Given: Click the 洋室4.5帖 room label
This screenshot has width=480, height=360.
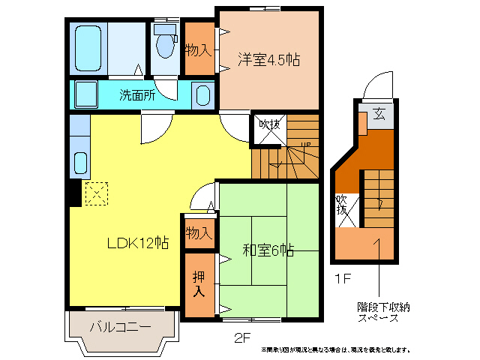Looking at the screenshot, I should point(269,60).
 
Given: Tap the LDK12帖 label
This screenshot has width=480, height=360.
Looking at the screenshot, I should point(137,243).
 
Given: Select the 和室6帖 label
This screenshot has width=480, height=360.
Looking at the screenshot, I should point(268,250).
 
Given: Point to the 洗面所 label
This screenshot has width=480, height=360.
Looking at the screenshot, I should point(138,95).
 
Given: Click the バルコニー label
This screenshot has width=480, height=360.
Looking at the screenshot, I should point(121,327).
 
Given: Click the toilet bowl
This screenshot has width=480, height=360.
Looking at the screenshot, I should point(164,45).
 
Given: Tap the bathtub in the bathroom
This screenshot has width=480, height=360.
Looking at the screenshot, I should point(90,46).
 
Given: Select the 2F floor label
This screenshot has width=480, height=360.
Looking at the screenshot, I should point(241,336).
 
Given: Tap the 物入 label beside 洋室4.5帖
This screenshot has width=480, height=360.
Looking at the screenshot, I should point(198,49).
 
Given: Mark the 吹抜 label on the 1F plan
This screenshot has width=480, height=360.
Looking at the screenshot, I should point(342,205).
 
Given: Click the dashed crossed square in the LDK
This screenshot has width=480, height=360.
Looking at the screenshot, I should point(97,193).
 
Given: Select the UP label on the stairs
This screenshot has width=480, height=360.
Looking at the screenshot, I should point(305,145).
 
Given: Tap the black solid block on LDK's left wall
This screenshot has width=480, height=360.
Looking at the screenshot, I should point(75,193).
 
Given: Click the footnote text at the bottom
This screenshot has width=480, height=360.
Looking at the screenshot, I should point(335,349).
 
